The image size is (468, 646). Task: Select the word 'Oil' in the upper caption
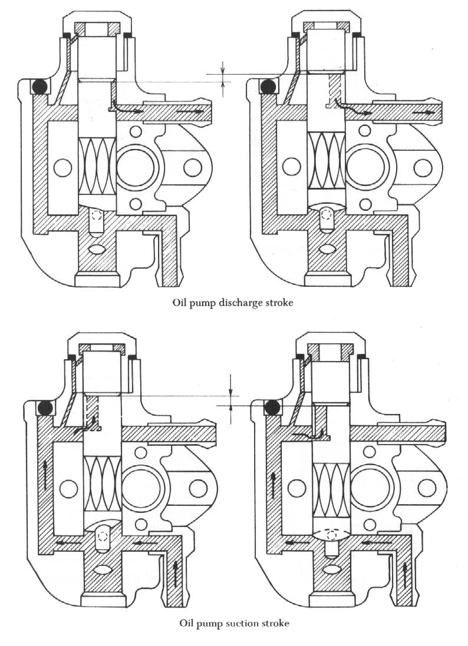click(179, 303)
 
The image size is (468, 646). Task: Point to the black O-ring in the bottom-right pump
click(272, 408)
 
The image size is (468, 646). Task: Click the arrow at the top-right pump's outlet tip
click(423, 112)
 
